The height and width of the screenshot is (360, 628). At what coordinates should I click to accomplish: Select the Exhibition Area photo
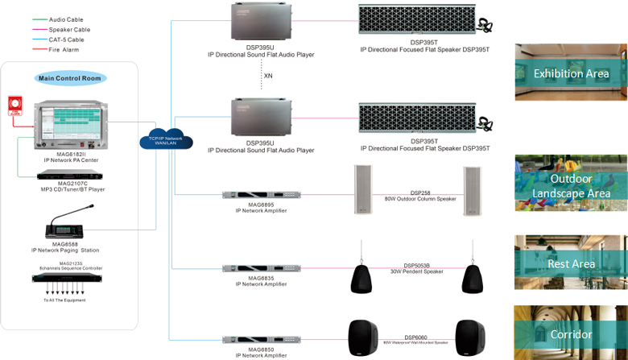pyautogui.click(x=571, y=72)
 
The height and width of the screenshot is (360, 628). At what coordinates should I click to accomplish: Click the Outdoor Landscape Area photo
pyautogui.click(x=571, y=185)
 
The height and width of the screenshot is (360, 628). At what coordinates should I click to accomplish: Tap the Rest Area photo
pyautogui.click(x=571, y=263)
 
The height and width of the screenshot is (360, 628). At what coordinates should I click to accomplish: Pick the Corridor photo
pyautogui.click(x=571, y=333)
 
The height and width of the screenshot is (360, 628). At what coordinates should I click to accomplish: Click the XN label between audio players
pyautogui.click(x=268, y=76)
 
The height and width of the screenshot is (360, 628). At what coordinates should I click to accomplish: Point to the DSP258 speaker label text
pyautogui.click(x=420, y=193)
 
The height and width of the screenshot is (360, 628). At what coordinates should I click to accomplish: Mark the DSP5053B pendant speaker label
pyautogui.click(x=416, y=266)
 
